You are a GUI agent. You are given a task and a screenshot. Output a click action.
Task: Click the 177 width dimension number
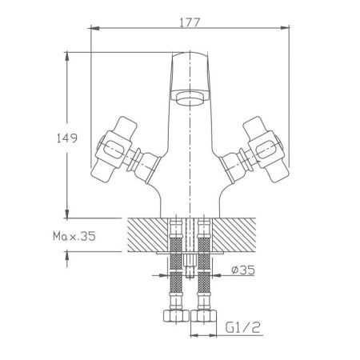[x=188, y=14]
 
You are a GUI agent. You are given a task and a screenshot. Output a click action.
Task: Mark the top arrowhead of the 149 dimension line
[x=66, y=56]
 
